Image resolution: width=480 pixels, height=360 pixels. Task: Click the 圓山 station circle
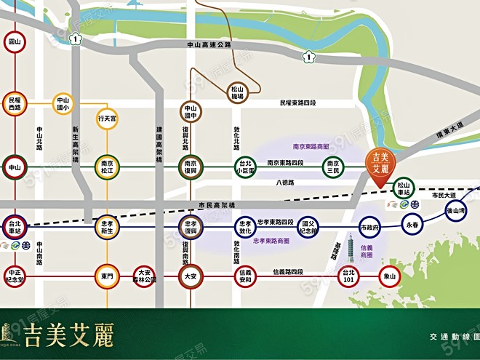click(14, 42)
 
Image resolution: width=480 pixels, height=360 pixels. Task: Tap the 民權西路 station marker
click(14, 103)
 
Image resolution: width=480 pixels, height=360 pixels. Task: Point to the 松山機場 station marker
click(237, 92)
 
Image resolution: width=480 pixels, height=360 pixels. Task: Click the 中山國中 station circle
click(191, 112)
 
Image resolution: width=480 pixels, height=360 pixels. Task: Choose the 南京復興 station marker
click(191, 167)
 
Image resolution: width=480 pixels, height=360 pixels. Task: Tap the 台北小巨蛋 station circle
click(244, 167)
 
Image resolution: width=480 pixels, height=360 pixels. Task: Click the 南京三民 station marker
click(333, 167)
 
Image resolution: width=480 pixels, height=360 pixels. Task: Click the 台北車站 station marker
click(14, 225)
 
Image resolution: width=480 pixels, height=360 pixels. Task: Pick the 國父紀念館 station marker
click(308, 226)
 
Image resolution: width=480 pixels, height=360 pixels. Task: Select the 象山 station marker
click(389, 276)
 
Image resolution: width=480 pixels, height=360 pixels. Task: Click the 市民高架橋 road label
click(212, 206)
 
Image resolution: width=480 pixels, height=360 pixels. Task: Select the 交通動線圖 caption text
click(452, 337)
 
